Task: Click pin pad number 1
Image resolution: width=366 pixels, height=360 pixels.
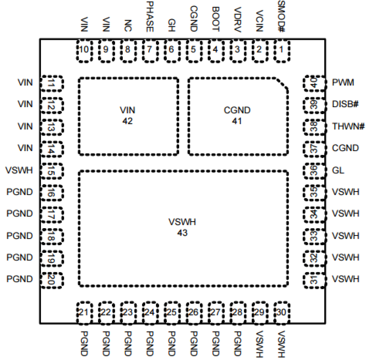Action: pos(281,50)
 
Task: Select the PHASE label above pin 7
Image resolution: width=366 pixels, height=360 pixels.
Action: pos(149,17)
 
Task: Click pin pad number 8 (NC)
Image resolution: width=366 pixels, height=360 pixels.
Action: pos(128,50)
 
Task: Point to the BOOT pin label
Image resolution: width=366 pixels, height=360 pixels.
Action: pos(215,19)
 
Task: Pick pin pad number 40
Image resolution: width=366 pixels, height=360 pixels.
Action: pos(314,84)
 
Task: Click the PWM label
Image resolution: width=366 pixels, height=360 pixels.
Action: pos(343,83)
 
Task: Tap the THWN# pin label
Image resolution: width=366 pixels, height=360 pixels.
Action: pos(348,127)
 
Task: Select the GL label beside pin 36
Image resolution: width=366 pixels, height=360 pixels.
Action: pos(338,170)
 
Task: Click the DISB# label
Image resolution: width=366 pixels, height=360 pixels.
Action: pos(345,104)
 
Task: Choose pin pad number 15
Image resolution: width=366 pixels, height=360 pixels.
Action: pos(52,171)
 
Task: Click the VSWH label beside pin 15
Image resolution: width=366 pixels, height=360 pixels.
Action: pos(19,170)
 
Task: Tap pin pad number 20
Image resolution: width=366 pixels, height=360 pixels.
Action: pos(52,280)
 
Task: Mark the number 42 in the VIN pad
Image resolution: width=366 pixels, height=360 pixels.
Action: pos(128,121)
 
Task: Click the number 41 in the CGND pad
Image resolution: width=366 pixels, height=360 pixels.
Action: pos(237,121)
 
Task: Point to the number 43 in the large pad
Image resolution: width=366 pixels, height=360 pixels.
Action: pos(182,233)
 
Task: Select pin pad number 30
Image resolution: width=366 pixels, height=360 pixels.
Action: pos(281,313)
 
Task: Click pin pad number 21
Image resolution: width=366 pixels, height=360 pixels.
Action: pos(84,313)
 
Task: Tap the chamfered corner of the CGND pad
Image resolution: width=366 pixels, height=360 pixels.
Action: pos(282,84)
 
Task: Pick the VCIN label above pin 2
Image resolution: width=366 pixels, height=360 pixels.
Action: pos(259,21)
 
